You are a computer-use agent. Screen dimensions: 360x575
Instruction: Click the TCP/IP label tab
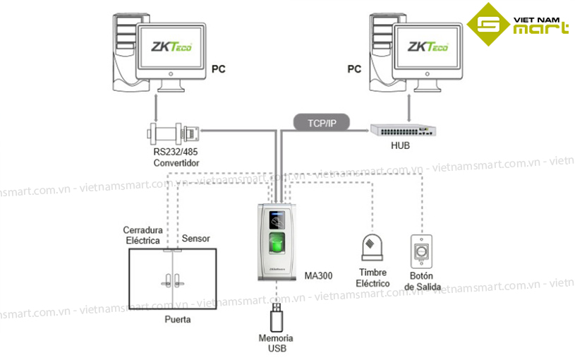click(x=322, y=123)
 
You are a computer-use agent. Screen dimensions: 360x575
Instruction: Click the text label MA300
click(x=318, y=275)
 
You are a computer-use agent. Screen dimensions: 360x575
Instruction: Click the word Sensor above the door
click(x=195, y=239)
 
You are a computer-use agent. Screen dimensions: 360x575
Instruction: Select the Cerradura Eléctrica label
click(x=143, y=235)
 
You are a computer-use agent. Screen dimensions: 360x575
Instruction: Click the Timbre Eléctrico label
click(x=373, y=278)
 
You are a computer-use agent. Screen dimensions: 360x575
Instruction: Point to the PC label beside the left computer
click(x=218, y=69)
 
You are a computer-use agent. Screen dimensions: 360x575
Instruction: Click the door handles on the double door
click(x=171, y=279)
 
